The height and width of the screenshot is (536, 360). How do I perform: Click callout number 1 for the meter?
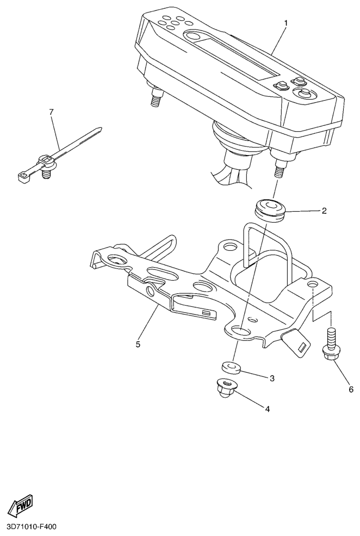click(285, 23)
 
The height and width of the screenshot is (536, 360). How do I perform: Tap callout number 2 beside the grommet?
click(324, 211)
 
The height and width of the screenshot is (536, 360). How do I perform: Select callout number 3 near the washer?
click(272, 378)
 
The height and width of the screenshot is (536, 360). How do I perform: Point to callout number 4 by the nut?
click(268, 409)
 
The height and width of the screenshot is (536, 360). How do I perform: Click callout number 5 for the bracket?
click(138, 344)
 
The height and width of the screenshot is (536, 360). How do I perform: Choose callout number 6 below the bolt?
click(351, 390)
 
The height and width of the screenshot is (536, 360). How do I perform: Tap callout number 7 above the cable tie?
click(51, 112)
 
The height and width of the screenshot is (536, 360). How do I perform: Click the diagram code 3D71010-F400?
click(29, 527)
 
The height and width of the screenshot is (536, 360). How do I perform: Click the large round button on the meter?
click(303, 93)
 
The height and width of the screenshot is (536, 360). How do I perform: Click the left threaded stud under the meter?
click(156, 97)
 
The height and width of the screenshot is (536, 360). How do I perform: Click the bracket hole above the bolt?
click(312, 284)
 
